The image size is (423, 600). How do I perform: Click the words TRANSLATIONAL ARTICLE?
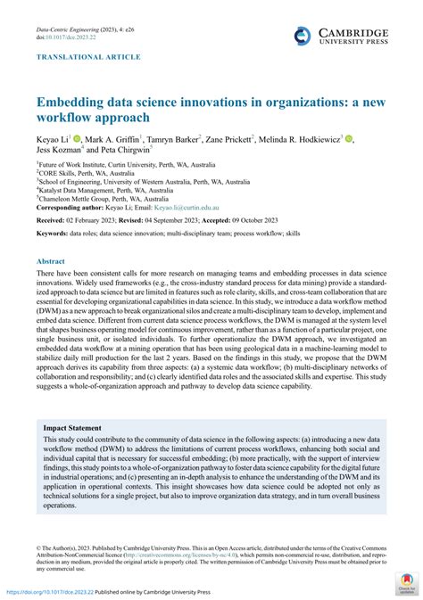(87, 57)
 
